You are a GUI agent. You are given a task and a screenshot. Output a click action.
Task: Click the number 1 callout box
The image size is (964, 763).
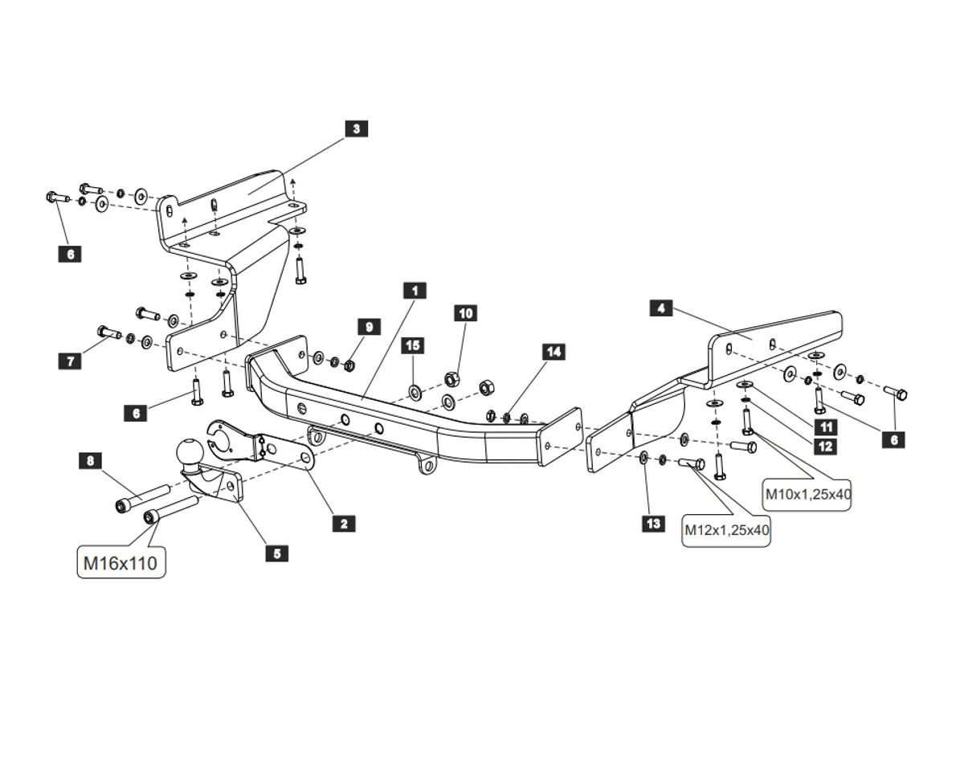click(415, 291)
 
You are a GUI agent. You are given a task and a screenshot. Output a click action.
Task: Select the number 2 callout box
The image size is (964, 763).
click(344, 524)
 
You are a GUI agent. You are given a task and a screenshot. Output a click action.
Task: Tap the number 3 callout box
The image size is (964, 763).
click(357, 129)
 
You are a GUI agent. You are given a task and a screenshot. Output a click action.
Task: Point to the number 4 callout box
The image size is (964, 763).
click(661, 308)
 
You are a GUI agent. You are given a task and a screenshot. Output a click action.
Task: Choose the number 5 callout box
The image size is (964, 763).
click(277, 553)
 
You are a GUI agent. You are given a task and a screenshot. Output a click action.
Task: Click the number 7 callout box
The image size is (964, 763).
click(71, 361)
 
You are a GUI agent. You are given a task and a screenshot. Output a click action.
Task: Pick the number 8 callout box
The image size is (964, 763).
click(91, 460)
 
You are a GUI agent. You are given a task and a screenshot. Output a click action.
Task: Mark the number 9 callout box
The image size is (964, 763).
click(369, 327)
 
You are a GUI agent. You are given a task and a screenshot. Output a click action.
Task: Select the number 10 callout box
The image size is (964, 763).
click(466, 313)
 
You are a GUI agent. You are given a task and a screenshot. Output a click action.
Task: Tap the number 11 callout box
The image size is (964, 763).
click(826, 427)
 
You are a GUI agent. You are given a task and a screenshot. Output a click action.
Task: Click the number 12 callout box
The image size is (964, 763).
click(826, 447)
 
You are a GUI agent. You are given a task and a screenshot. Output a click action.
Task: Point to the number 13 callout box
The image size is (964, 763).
click(654, 524)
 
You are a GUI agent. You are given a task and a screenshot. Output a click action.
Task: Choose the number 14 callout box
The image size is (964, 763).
click(554, 352)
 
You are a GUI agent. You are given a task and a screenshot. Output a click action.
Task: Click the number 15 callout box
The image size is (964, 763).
click(413, 345)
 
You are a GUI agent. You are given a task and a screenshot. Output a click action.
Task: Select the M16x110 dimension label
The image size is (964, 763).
click(121, 563)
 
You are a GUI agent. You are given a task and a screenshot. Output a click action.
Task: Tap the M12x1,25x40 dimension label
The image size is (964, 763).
click(726, 530)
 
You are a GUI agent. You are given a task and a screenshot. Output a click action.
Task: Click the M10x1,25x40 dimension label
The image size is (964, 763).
click(807, 494)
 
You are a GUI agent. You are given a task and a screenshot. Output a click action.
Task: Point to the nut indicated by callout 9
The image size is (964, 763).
click(350, 365)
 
